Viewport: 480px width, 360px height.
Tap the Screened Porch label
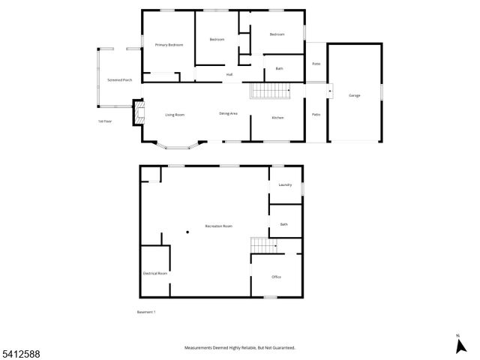point(119,79)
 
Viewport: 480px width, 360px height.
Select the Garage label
point(354,95)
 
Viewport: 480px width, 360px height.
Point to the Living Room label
point(175,115)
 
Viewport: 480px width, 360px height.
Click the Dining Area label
point(228,113)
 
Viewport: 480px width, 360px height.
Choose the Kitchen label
point(277,118)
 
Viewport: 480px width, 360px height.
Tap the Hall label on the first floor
point(229,74)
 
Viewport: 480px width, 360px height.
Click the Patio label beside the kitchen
point(316,114)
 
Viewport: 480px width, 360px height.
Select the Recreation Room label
point(218,226)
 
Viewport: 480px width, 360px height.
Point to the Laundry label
point(284,184)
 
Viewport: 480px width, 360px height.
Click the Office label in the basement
point(276,277)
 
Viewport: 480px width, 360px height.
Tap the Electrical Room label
point(154,274)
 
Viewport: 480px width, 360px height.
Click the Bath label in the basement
point(283,224)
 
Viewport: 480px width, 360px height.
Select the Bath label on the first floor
point(279,69)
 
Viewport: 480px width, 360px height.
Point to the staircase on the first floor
point(269,91)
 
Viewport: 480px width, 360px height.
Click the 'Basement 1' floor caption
point(146,312)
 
